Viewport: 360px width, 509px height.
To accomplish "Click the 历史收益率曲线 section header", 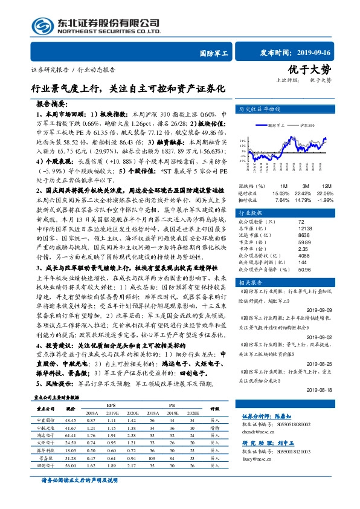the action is [x=261, y=109].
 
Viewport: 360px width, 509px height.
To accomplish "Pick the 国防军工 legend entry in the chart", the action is [x=279, y=125].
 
